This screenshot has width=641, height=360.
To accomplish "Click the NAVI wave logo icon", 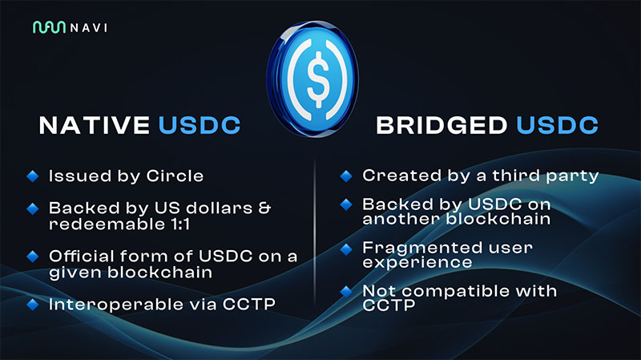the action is click(49, 27).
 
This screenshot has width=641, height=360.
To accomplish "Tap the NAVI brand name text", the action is click(89, 28).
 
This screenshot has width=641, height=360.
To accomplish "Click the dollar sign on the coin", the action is click(317, 79).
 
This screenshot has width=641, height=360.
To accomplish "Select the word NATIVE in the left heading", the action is click(95, 125).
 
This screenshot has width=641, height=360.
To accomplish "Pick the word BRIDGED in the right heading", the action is click(441, 125).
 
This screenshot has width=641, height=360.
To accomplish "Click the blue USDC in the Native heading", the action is click(200, 125).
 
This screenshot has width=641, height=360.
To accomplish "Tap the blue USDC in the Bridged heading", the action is click(557, 125).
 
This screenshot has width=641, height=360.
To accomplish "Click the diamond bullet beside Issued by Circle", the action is click(33, 176).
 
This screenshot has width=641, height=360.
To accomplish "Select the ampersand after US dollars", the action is click(265, 208).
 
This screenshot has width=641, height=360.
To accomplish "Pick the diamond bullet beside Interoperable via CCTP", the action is click(33, 305).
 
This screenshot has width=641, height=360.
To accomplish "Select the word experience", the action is click(417, 262).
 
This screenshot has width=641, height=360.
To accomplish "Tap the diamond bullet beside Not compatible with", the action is click(346, 291).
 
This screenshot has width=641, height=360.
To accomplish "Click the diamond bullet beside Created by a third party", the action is click(346, 176).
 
